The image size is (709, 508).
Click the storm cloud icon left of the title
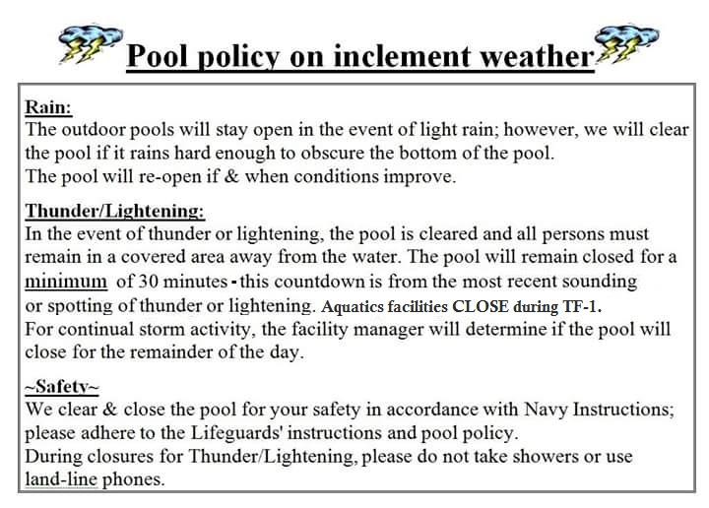click(x=91, y=44)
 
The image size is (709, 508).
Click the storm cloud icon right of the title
click(x=626, y=44)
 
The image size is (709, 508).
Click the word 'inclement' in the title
click(x=405, y=56)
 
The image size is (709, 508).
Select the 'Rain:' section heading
click(x=48, y=107)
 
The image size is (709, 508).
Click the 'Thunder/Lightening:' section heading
click(x=115, y=211)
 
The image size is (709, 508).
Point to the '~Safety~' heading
click(x=62, y=387)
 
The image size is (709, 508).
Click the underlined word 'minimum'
click(x=66, y=282)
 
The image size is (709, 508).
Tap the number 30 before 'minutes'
click(x=148, y=282)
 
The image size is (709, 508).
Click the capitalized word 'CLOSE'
click(x=481, y=306)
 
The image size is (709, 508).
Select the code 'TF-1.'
click(x=582, y=306)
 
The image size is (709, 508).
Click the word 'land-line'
click(x=61, y=479)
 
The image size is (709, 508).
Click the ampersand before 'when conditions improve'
click(x=231, y=176)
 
